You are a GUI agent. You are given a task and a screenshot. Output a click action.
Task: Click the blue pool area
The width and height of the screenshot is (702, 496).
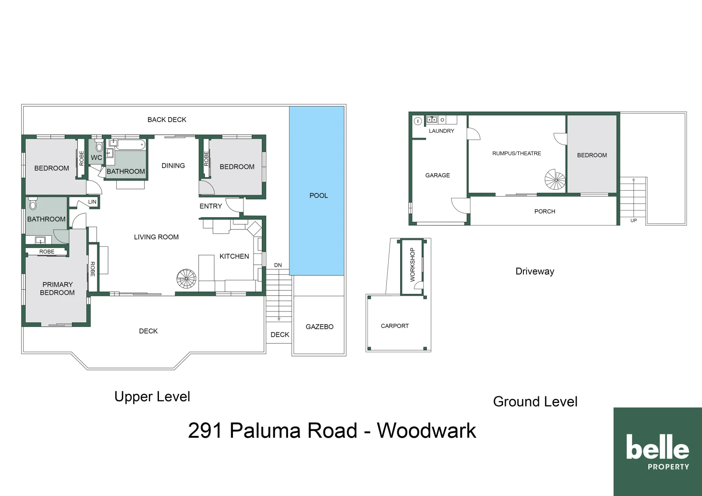point(317,191)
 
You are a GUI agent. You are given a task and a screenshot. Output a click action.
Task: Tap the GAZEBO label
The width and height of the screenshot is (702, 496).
point(319,327)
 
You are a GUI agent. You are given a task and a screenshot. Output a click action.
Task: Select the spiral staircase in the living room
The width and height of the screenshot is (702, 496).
point(186,279)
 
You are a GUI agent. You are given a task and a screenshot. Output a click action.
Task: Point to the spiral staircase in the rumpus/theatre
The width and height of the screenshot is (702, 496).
point(555,180)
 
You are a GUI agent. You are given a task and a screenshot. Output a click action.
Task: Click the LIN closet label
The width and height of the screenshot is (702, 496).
point(92,202)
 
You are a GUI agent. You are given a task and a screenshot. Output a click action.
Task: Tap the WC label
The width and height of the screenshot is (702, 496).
point(96,158)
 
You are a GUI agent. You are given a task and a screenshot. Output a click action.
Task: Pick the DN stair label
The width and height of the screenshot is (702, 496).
point(278,265)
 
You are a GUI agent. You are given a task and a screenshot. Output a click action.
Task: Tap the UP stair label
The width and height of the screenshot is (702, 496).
point(634,220)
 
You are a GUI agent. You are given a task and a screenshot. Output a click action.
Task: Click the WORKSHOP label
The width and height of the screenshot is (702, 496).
point(412,265)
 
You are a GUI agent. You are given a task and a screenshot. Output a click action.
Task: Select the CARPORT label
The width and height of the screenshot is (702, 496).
point(395,326)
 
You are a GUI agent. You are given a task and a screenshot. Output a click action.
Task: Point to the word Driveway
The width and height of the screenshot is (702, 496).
point(535,271)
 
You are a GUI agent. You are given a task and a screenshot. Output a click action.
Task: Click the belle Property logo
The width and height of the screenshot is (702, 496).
point(657,451)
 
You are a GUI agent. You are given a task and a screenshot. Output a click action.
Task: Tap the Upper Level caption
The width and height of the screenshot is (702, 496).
point(152,397)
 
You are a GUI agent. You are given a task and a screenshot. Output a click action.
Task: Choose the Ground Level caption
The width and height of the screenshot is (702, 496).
point(535,402)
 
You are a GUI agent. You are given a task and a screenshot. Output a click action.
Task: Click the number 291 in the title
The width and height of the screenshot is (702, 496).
point(205,430)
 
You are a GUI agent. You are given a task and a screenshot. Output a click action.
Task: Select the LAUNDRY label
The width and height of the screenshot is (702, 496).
point(441,131)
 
